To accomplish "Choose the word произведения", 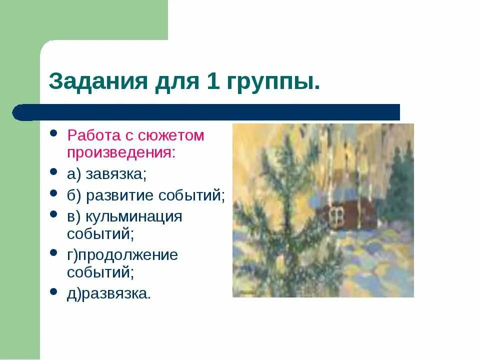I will (x=121, y=151).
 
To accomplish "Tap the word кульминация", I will (x=134, y=217).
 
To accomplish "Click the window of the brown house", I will (x=336, y=216).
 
